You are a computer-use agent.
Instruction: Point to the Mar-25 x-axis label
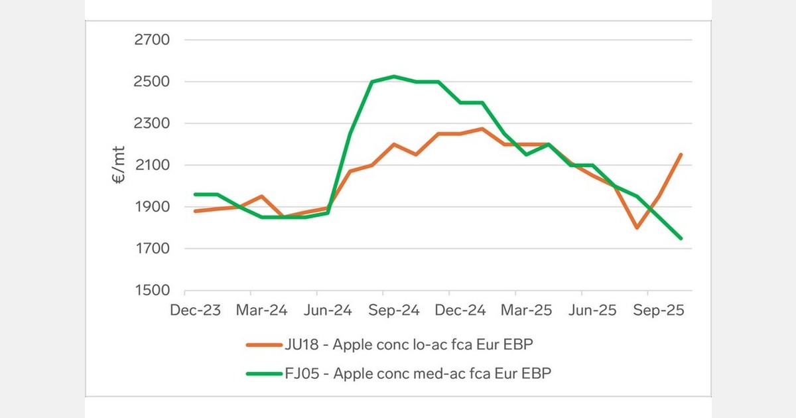525,311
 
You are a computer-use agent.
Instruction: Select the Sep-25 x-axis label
657,311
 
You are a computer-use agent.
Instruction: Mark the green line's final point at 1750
681,238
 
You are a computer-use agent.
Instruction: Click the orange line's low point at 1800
637,228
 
